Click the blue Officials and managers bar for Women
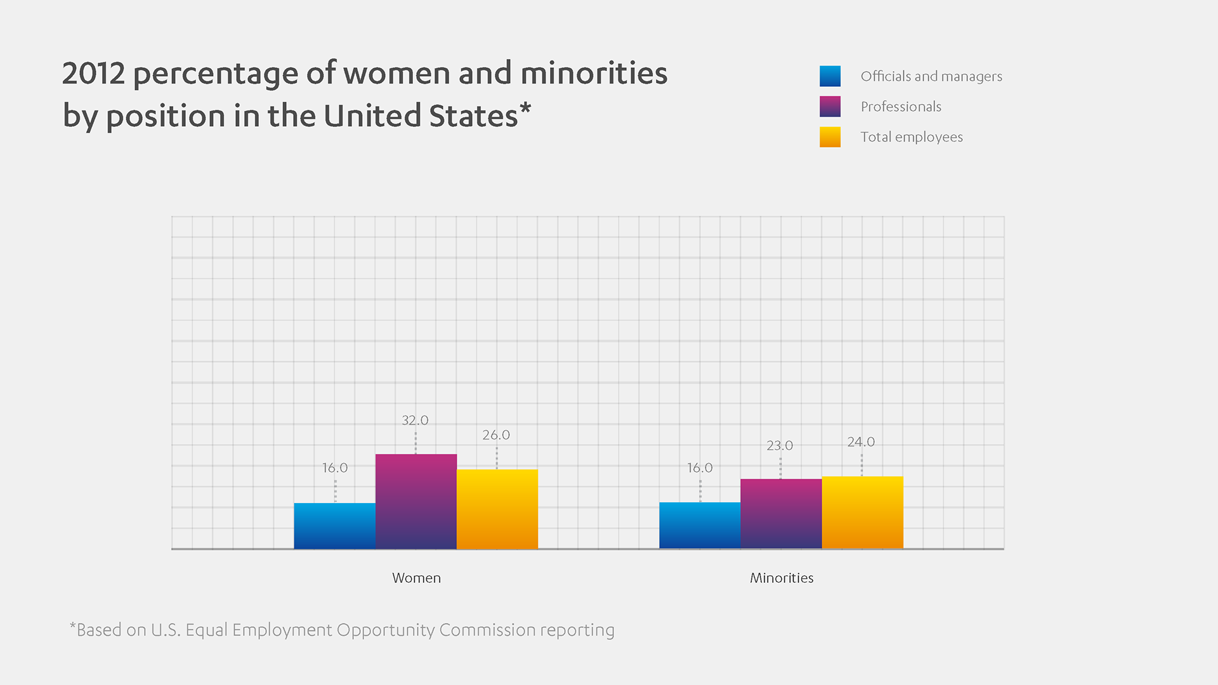334,526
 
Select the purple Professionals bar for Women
416,501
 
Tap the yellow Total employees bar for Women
497,509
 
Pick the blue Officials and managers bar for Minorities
700,525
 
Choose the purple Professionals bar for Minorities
781,513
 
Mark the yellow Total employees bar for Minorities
862,512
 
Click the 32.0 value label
415,421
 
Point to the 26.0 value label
496,435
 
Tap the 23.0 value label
780,446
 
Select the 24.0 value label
861,442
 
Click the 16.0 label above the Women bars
334,468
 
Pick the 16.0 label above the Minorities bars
700,468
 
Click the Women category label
416,578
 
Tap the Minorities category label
782,578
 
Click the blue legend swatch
830,76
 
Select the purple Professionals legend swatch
830,107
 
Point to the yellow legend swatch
830,137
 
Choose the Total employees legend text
912,137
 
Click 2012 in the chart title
93,74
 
